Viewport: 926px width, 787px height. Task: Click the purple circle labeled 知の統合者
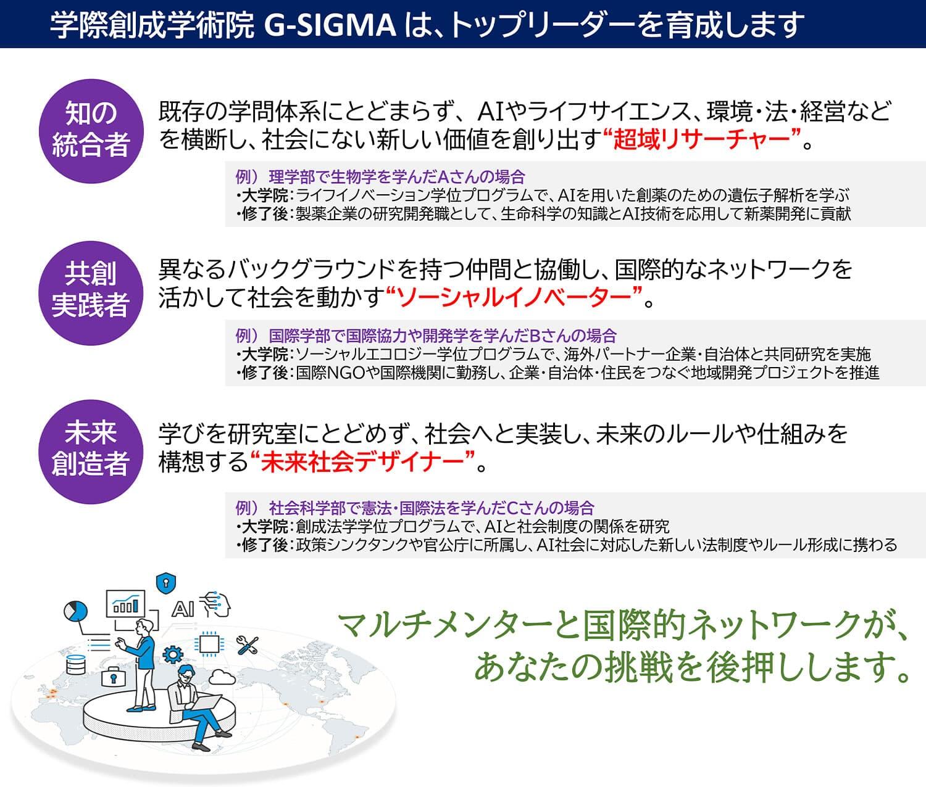pos(91,131)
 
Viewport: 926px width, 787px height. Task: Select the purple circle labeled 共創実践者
pos(91,293)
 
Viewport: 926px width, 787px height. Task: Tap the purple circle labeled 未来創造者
pos(91,451)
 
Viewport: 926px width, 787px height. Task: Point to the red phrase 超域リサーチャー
pos(701,140)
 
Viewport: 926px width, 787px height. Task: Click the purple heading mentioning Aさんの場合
pos(380,177)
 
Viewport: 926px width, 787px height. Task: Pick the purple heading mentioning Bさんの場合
pos(426,336)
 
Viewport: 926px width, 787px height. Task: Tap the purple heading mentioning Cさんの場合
pos(415,508)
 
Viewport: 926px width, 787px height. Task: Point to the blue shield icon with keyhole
pos(166,583)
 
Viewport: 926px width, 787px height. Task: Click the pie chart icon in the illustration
pos(75,611)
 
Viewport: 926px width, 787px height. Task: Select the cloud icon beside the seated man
pos(222,677)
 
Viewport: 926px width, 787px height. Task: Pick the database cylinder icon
pos(76,664)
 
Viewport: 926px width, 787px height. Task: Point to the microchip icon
pos(208,644)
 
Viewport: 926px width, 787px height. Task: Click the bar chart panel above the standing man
pos(125,603)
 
